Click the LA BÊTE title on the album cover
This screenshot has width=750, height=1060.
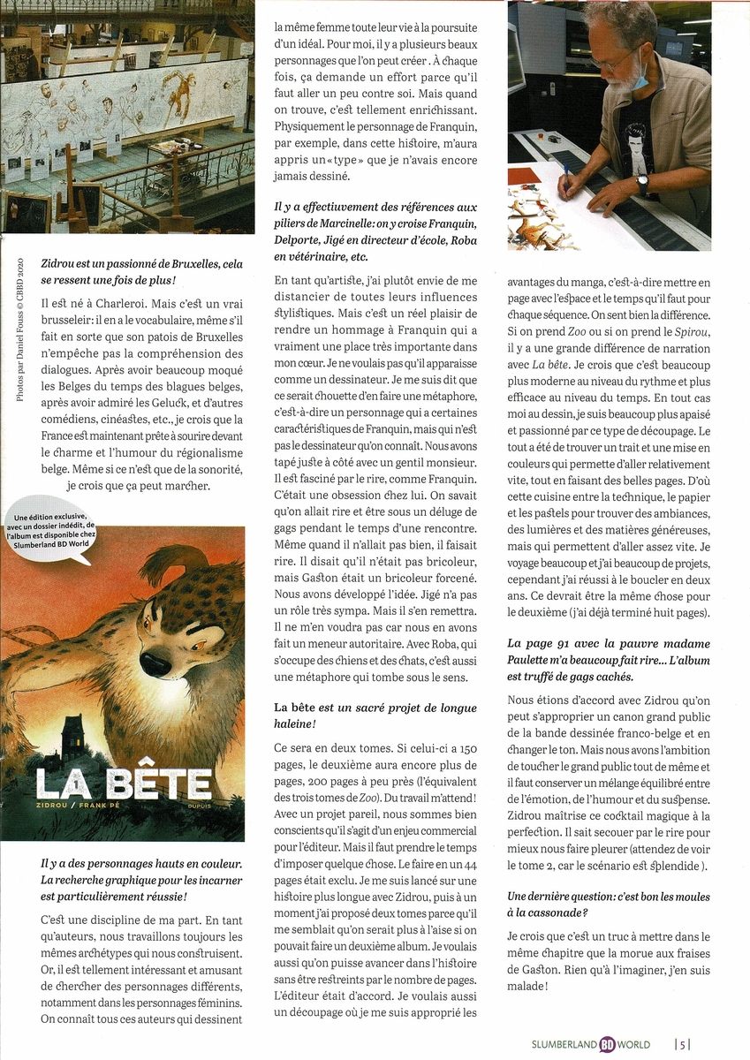123,784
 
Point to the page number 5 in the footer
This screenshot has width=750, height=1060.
683,1043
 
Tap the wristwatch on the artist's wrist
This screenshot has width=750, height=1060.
642,184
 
